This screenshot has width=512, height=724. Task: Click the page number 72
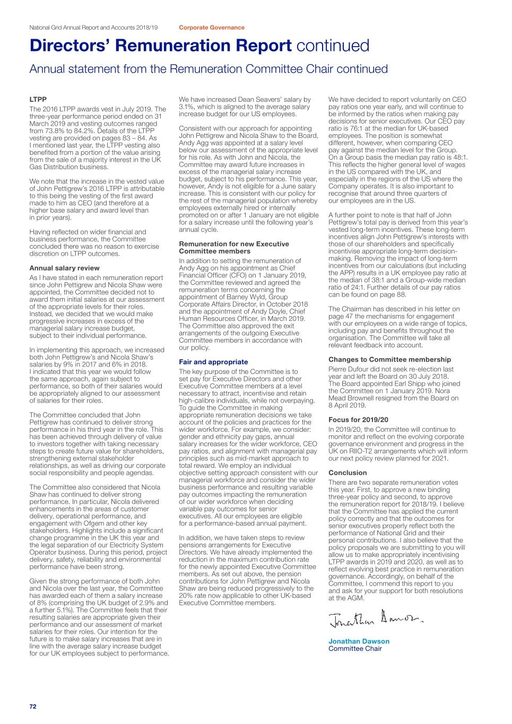[x=33, y=706]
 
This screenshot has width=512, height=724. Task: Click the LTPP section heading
[x=38, y=99]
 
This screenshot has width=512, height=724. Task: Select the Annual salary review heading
[x=64, y=268]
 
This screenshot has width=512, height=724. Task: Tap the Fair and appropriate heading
[x=213, y=362]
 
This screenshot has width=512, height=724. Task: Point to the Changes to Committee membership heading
[x=389, y=359]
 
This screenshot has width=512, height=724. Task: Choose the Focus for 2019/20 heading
[x=358, y=420]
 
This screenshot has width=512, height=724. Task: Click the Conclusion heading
[x=348, y=473]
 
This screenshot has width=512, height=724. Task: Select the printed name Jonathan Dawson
[x=359, y=641]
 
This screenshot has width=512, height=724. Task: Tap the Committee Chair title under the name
[x=355, y=649]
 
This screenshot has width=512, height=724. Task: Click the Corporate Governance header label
[x=212, y=28]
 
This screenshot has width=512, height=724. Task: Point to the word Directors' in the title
[x=70, y=46]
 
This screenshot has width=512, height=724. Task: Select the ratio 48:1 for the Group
[x=459, y=157]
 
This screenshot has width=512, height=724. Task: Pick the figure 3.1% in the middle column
[x=187, y=107]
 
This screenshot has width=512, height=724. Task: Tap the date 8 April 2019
[x=347, y=405]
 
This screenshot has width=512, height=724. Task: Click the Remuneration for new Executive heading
[x=234, y=244]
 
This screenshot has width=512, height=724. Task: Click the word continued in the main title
[x=333, y=46]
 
